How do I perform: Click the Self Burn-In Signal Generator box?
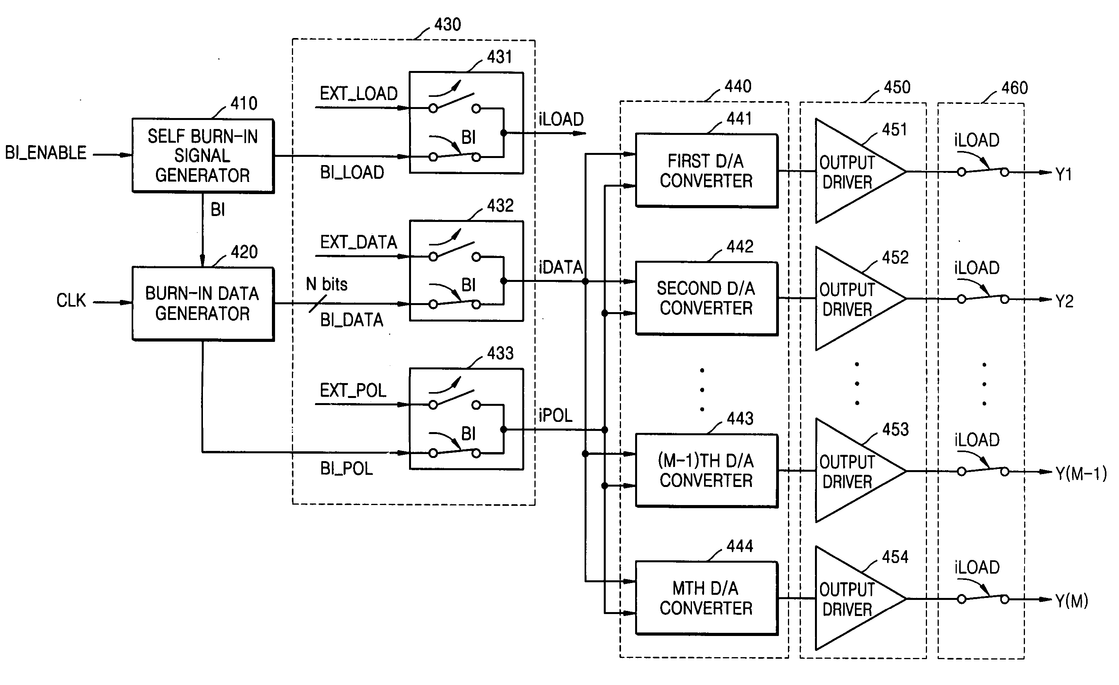(203, 155)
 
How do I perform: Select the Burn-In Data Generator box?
(203, 303)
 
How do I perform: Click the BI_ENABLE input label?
(45, 153)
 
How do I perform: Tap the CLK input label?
(71, 300)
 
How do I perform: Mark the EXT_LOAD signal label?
(359, 94)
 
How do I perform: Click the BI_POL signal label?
(346, 469)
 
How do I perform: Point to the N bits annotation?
(326, 285)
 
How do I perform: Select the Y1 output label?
(1064, 174)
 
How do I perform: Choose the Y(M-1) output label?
(1081, 474)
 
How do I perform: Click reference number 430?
(448, 24)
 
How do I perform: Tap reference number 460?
(1014, 88)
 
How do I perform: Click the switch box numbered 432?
(466, 271)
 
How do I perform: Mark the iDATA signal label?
(561, 267)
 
